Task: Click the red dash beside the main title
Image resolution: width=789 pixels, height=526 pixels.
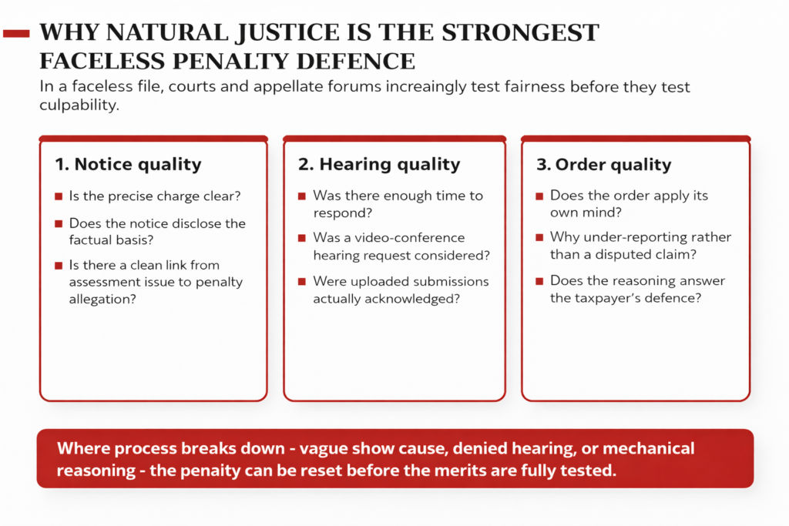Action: [x=17, y=34]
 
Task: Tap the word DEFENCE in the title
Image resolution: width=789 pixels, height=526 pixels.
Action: [x=356, y=62]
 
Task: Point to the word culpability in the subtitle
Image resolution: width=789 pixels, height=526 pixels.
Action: [x=79, y=105]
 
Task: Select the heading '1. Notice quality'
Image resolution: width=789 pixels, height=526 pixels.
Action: [x=129, y=165]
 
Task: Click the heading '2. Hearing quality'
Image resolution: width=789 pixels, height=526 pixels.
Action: [x=379, y=165]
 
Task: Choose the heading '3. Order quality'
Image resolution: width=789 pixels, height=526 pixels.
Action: [x=604, y=165]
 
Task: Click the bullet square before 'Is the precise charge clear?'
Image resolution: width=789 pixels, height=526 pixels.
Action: [x=59, y=196]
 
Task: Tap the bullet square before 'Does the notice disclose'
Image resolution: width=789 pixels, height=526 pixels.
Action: [x=59, y=223]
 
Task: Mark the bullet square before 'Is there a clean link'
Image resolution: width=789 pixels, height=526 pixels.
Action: [x=59, y=265]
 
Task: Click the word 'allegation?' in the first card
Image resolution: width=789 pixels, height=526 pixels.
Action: [x=102, y=300]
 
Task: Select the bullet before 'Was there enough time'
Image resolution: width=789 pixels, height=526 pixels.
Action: [x=302, y=196]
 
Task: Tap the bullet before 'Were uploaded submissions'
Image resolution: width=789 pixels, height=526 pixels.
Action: [x=302, y=281]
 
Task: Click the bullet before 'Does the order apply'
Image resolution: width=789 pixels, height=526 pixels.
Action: [x=539, y=196]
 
